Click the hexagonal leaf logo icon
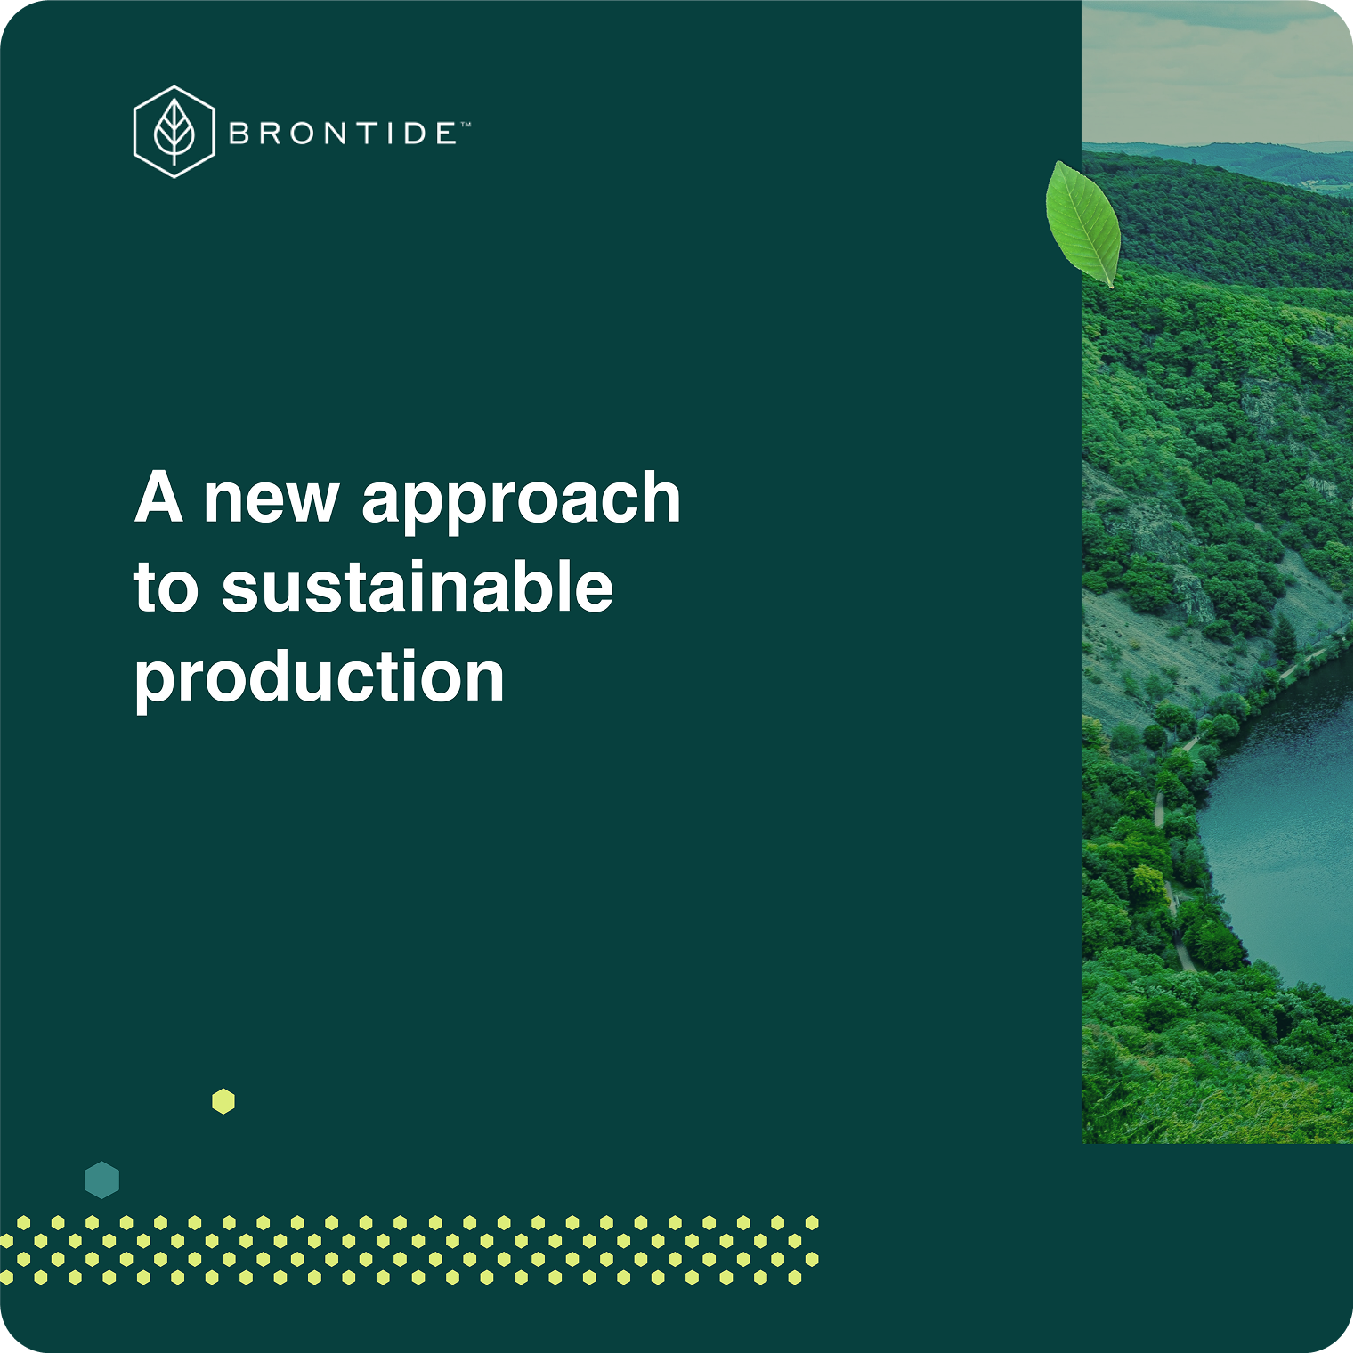174,132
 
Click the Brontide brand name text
342,134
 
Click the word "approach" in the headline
521,500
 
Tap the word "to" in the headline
166,589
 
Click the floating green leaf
1083,223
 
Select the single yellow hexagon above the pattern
223,1101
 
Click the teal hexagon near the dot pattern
101,1180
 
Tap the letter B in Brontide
239,134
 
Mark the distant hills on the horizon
1246,156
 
